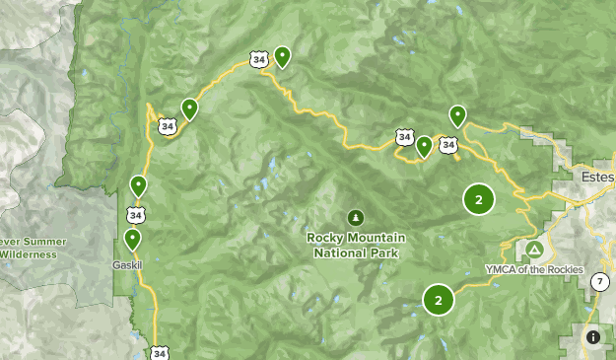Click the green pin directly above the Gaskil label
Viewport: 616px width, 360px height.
tap(132, 239)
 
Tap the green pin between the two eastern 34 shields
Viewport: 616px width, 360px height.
tap(424, 147)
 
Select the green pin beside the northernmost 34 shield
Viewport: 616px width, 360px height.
tap(282, 56)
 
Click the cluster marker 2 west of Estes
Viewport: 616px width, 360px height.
tap(478, 199)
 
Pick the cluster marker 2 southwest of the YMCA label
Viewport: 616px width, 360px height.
tap(438, 299)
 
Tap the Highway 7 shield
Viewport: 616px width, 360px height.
tap(599, 282)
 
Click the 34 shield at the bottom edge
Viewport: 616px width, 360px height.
tap(160, 352)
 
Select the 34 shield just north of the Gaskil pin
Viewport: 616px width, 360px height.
tap(134, 213)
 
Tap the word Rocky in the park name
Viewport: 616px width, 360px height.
tap(325, 237)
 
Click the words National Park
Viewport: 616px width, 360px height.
tap(355, 252)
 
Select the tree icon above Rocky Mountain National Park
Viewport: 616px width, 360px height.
tap(355, 217)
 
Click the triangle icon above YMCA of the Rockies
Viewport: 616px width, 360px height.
tap(534, 250)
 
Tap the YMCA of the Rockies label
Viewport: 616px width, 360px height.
tap(534, 269)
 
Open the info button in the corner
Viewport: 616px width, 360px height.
tap(592, 336)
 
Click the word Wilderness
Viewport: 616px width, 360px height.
tap(28, 253)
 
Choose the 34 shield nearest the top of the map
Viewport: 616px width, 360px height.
tap(259, 60)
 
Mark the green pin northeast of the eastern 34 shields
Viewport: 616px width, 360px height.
tap(457, 115)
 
